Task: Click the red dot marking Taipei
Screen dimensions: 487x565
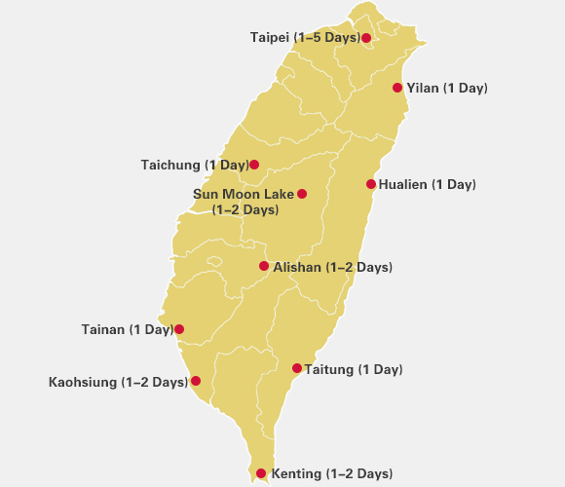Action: [x=366, y=38]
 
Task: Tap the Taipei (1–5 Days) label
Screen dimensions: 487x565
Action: [x=305, y=37]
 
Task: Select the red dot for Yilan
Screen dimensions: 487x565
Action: [x=397, y=88]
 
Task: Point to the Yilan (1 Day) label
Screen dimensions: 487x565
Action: [x=446, y=89]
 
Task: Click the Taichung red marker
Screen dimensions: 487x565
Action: [x=254, y=165]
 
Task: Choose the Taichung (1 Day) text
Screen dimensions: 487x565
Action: [x=195, y=165]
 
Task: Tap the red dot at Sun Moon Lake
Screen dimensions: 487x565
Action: [x=302, y=194]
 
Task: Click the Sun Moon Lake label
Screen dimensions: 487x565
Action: [x=244, y=202]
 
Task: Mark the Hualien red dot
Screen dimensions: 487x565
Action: [x=371, y=184]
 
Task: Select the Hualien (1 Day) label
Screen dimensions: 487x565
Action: [x=427, y=184]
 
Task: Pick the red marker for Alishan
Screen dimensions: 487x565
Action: [x=263, y=266]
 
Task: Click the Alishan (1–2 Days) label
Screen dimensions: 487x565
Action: [x=332, y=267]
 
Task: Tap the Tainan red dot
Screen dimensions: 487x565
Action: [x=178, y=329]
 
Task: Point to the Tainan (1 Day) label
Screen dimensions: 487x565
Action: [x=127, y=329]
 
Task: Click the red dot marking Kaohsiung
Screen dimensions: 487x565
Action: [x=196, y=381]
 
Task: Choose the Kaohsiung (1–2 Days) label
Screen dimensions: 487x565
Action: [x=118, y=382]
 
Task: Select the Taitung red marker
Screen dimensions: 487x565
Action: [x=297, y=368]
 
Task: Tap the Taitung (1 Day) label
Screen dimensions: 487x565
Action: [x=353, y=369]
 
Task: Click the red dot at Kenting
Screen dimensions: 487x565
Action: [x=261, y=474]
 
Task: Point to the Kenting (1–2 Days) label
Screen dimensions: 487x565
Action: [x=331, y=474]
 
